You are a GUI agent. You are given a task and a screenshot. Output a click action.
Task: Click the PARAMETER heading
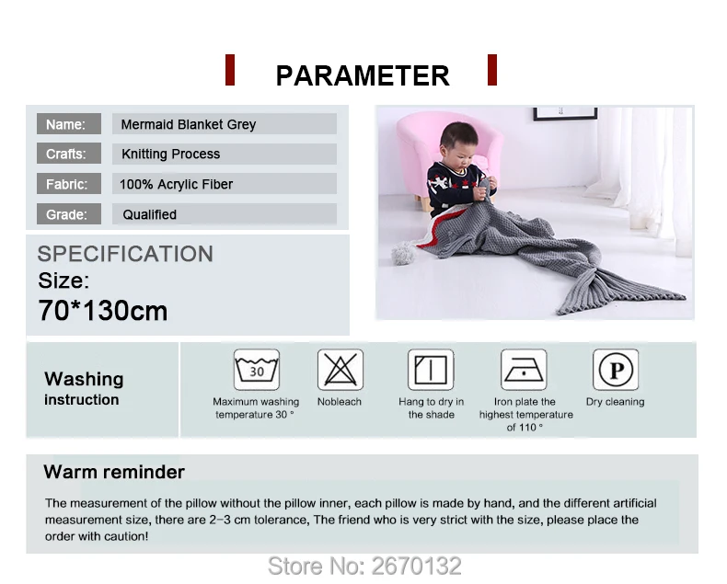click(x=363, y=75)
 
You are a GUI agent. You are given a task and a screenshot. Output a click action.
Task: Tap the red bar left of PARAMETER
click(x=230, y=70)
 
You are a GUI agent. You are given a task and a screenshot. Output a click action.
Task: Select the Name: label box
click(x=66, y=124)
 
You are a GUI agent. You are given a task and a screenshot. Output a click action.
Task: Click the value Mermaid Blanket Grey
click(x=190, y=124)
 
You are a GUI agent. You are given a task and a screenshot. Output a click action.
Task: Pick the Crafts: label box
click(x=66, y=155)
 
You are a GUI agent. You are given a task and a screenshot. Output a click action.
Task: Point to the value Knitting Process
click(x=171, y=155)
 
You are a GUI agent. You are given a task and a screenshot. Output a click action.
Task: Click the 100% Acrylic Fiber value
click(x=177, y=184)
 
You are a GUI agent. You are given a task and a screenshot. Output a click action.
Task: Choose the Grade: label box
click(x=66, y=214)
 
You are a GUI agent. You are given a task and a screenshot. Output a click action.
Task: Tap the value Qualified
click(x=150, y=214)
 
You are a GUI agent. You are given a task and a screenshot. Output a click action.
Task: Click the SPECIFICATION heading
click(x=125, y=254)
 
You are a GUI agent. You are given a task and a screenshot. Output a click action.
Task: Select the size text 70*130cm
click(x=103, y=311)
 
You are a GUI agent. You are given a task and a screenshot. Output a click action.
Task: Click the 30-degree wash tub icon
click(x=256, y=370)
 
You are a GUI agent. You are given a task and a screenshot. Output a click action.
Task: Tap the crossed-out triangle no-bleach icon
click(x=340, y=370)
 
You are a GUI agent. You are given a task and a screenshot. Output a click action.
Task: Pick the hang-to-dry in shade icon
click(x=431, y=370)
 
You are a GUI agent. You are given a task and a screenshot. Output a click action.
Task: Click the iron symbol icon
click(x=525, y=370)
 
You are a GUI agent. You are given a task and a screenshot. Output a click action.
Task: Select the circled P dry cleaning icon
click(x=615, y=370)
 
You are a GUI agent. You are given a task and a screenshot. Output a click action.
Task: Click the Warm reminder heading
click(x=114, y=473)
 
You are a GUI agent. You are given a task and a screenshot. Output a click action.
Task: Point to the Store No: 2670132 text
click(x=363, y=565)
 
